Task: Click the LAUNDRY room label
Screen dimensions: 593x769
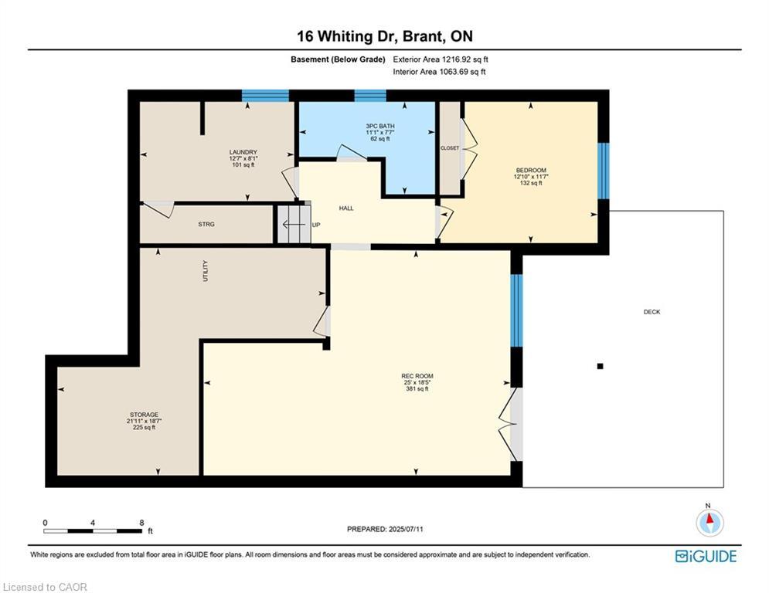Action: point(243,152)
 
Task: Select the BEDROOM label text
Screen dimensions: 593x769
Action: point(531,171)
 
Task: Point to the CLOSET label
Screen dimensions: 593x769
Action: point(450,148)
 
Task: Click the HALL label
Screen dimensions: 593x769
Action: point(346,208)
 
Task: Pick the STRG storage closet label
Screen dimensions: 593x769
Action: point(206,225)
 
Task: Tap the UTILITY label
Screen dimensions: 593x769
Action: point(206,270)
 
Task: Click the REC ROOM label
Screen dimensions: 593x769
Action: point(417,376)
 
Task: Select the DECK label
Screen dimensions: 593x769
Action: point(652,312)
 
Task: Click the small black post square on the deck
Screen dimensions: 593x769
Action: point(600,366)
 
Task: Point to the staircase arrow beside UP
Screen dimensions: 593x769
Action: point(293,225)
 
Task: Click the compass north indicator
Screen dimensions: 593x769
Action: point(709,522)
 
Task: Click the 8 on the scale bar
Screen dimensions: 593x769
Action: point(141,523)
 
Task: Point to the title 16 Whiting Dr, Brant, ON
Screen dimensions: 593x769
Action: point(385,36)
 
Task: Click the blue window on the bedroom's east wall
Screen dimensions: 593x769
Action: point(604,171)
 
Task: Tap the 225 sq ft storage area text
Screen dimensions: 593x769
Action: point(144,427)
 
